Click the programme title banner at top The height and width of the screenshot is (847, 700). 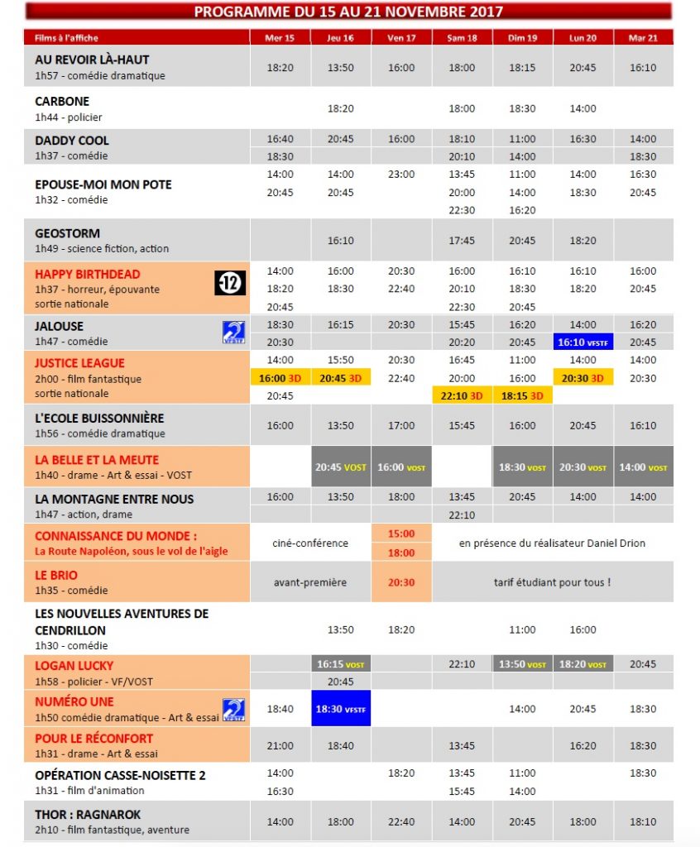pos(348,12)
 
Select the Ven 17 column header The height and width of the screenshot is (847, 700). pos(401,38)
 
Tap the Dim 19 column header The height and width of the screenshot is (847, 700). pos(522,38)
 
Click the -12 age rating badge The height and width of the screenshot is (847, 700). pos(230,284)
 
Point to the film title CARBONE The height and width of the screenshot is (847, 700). pos(62,101)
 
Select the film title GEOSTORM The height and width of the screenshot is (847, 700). pos(67,233)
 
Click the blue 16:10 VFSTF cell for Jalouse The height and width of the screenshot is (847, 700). pos(583,342)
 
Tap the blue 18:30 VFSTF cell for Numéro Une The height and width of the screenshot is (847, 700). pos(340,709)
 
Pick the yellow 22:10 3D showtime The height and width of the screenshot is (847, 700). pos(462,395)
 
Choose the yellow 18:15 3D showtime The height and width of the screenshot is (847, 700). pos(522,395)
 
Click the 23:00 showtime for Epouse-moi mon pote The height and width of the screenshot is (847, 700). pos(401,175)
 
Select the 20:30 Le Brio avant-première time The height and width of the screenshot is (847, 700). pos(401,582)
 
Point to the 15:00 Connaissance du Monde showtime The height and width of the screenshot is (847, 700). pos(401,534)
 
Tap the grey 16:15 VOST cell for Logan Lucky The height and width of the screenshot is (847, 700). pos(340,664)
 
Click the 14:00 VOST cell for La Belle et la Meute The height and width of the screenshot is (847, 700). pos(643,467)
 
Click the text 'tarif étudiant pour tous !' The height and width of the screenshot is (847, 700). pos(552,582)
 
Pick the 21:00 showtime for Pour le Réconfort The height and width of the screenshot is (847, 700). pos(280,745)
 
